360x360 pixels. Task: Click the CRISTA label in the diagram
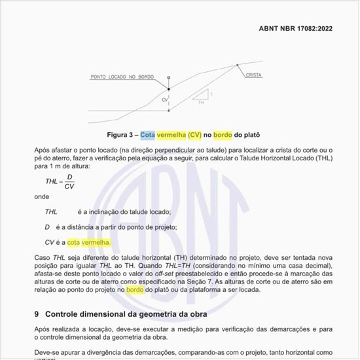(253, 75)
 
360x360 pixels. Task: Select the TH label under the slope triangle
(200, 103)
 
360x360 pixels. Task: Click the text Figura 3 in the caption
(120, 135)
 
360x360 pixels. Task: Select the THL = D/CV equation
(60, 181)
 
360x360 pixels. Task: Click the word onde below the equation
(42, 196)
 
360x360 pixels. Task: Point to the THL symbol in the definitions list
(51, 211)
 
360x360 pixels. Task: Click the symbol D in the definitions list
(47, 226)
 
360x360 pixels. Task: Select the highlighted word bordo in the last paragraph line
(135, 289)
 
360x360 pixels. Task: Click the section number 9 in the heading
(37, 314)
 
